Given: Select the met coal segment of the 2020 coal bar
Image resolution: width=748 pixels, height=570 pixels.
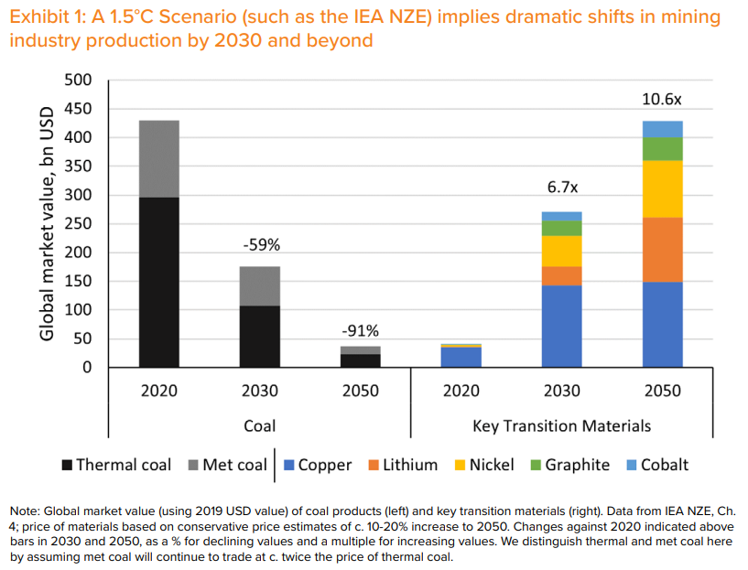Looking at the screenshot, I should click(x=158, y=158).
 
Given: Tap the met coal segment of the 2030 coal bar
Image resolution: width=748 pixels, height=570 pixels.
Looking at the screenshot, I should click(x=259, y=285).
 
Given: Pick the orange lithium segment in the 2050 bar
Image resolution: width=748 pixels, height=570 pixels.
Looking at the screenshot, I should click(x=662, y=249).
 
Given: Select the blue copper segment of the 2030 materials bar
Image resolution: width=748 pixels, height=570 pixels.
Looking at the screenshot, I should click(x=561, y=326).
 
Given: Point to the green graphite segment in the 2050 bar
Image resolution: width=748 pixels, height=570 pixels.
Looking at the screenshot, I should click(x=662, y=148).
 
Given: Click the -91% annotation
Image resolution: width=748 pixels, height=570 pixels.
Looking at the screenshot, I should click(x=360, y=330).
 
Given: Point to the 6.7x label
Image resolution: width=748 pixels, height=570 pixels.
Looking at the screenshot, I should click(x=562, y=188).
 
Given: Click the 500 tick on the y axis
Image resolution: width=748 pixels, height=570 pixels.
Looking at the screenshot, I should click(x=80, y=81).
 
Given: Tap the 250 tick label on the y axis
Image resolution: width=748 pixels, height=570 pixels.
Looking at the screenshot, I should click(x=80, y=224).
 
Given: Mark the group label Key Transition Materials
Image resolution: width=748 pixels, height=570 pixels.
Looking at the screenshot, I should click(x=561, y=425).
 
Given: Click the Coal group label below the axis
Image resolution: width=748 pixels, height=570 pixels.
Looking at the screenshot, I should click(x=259, y=425).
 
